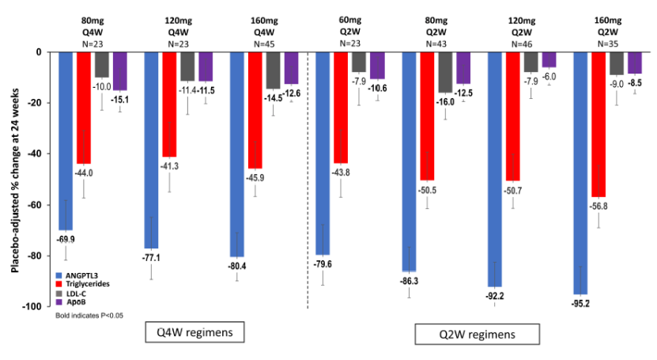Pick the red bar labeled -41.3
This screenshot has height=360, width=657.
coord(170,103)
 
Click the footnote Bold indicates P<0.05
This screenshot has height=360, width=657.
coord(89,316)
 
